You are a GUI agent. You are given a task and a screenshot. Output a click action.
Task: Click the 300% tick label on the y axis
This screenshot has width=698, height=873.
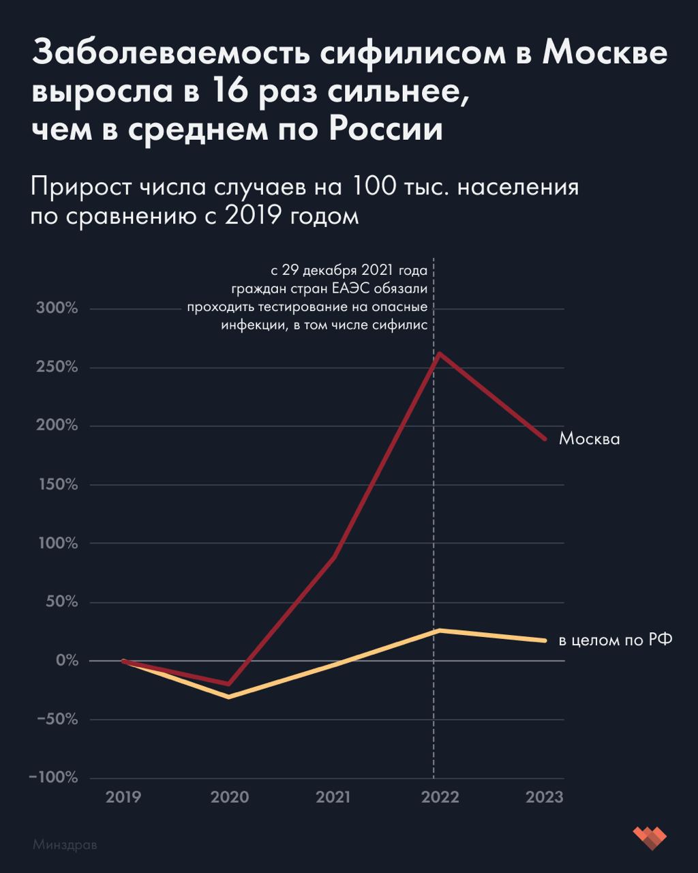[57, 308]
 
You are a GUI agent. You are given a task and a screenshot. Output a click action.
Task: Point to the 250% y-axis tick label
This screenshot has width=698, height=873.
[57, 367]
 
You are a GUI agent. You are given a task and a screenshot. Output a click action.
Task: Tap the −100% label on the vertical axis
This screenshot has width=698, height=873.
[54, 778]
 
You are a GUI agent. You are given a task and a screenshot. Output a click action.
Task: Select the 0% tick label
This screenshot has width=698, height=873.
[67, 660]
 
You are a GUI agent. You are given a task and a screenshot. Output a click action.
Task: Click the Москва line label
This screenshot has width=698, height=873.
[590, 439]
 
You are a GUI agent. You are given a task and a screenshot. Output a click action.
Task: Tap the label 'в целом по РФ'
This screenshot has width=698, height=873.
[616, 640]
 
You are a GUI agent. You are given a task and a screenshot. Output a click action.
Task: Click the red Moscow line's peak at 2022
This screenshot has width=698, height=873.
[439, 353]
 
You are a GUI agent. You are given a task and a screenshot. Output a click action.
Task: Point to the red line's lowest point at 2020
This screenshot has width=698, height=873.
[229, 684]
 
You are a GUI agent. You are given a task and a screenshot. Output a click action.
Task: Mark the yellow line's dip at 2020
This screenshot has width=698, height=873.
[229, 696]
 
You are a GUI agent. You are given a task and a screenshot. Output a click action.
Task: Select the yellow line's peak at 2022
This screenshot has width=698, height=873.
[439, 630]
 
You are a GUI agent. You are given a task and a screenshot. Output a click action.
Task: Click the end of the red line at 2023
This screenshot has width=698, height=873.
[545, 439]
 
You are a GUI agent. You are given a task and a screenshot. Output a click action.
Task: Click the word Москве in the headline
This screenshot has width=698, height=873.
[605, 53]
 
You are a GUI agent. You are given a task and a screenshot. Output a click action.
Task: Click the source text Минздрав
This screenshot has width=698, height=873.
[65, 842]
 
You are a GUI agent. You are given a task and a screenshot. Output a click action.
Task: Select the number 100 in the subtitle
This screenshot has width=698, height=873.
[374, 187]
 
